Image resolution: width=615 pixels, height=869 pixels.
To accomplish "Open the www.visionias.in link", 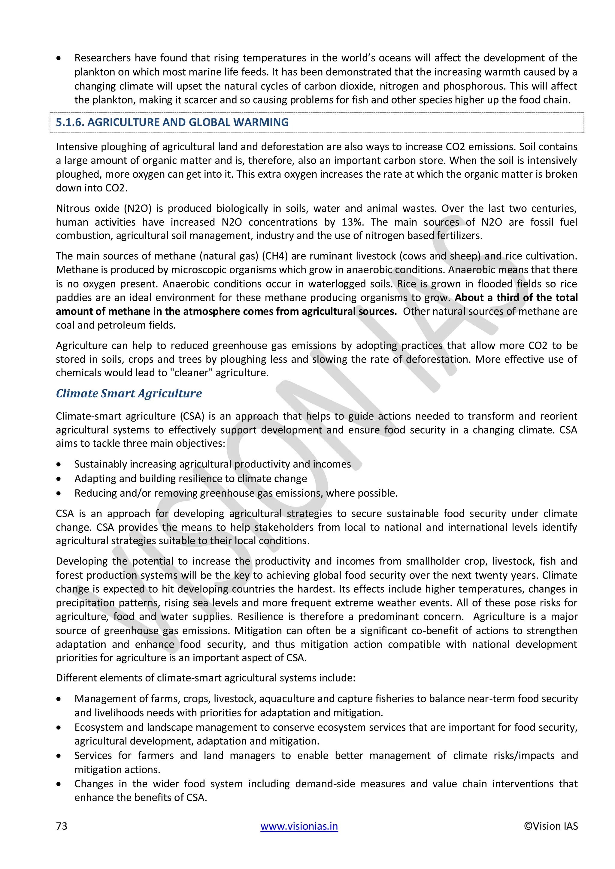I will click(299, 826).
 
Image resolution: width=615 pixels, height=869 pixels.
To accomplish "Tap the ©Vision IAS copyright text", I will click(551, 826).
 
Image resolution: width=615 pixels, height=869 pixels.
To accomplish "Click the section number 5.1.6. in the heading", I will click(70, 122).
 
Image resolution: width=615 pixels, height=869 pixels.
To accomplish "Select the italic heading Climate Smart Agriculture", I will click(129, 393).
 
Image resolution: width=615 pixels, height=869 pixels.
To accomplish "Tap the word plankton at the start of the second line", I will click(91, 72).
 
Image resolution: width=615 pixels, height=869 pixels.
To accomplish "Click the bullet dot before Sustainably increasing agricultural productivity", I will click(58, 465).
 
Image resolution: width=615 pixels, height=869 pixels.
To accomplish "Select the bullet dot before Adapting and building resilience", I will click(58, 479).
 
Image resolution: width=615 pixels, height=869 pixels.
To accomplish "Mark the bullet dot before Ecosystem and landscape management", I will click(58, 727).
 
